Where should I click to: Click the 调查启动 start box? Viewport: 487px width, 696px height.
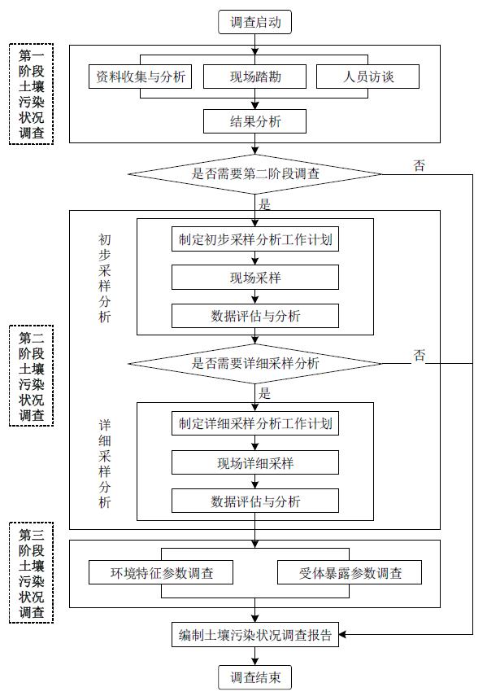pos(254,22)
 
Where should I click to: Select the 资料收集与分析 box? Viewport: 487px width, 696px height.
pos(140,77)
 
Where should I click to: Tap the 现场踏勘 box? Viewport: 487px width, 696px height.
pos(254,77)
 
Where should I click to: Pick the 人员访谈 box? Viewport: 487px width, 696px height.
pos(367,77)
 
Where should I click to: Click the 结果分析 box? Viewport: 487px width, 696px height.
pos(254,121)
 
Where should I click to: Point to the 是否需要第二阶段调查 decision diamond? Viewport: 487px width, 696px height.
pos(254,174)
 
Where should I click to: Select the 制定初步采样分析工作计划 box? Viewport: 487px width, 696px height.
pos(255,239)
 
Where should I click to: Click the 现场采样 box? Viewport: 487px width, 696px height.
pos(255,278)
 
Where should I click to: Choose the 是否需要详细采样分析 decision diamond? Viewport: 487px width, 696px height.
pos(254,364)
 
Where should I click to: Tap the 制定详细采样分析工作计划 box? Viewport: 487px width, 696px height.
pos(255,423)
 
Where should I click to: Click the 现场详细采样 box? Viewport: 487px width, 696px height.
pos(255,463)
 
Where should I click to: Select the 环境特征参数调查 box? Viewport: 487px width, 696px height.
pos(161,572)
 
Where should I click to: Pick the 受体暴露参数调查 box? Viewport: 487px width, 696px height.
pos(350,572)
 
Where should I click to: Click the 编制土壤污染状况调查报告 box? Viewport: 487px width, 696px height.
pos(255,635)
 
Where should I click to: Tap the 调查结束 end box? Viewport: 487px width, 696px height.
pos(254,677)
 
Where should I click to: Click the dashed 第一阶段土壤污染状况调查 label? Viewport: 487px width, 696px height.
pos(31,94)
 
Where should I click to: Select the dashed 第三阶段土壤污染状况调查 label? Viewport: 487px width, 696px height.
pos(31,572)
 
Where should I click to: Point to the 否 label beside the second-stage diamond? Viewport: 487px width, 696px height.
pos(420,165)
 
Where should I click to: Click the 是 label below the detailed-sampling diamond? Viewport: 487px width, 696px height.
pos(264,393)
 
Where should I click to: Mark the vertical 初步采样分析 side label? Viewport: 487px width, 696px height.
pos(105,278)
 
